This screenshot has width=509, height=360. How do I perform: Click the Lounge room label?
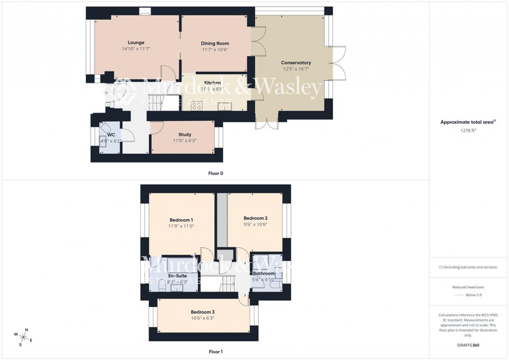point(136,43)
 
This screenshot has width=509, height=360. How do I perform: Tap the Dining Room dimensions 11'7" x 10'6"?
point(215,50)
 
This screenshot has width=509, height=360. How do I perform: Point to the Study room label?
point(184,135)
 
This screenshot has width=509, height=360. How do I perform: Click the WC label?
point(111,135)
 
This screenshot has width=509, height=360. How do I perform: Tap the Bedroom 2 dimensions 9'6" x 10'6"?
point(255,224)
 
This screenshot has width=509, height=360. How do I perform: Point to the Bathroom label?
point(264,273)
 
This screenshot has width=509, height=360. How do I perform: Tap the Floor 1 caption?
point(216,352)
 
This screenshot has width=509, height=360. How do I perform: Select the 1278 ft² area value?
point(468,130)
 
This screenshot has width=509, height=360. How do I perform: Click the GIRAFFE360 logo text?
point(468,344)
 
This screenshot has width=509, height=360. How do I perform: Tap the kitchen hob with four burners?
point(197,106)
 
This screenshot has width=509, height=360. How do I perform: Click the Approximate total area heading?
point(468,122)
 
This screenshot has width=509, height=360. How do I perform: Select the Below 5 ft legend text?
point(473,295)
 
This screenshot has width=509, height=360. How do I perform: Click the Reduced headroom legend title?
point(468,287)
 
